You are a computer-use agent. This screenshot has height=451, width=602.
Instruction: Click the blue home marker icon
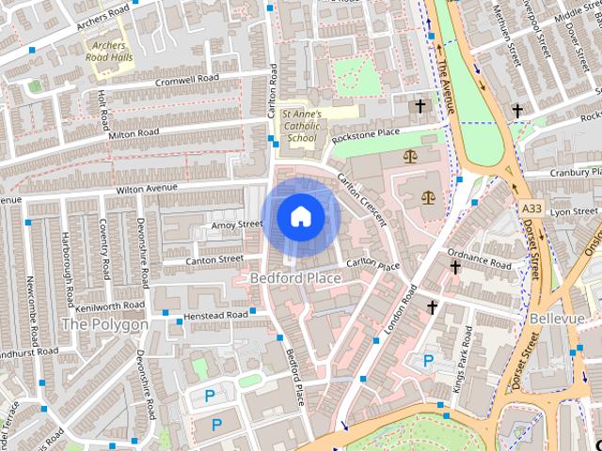[300, 216]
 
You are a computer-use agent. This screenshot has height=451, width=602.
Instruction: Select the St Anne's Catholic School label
[302, 126]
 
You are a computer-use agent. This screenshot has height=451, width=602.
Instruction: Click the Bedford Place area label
[294, 278]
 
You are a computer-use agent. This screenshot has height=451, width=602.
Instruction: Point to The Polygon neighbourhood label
[104, 324]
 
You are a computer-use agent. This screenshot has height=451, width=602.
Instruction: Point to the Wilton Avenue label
[147, 189]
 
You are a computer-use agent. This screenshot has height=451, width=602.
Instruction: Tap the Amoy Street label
[237, 225]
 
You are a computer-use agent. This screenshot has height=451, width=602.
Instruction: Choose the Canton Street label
[216, 259]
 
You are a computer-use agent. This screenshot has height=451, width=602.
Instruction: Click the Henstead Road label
[216, 314]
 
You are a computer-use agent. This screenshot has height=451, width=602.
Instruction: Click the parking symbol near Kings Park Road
[429, 360]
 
